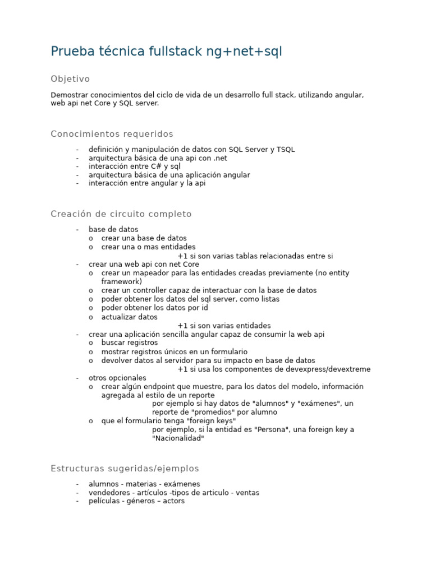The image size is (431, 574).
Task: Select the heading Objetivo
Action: tap(70, 79)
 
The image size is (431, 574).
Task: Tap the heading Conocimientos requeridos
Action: tap(112, 134)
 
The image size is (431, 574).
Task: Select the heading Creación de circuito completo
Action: tap(121, 214)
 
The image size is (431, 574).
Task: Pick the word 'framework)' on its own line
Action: tap(121, 281)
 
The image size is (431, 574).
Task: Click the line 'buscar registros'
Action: tap(129, 342)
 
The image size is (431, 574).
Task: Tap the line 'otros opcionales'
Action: tap(117, 378)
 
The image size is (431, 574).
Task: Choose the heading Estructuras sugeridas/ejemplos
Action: tap(125, 468)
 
